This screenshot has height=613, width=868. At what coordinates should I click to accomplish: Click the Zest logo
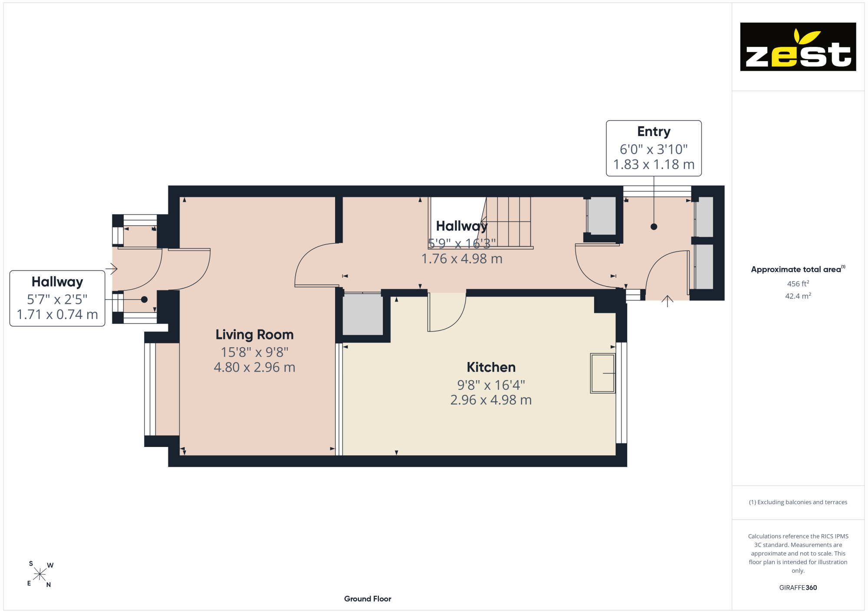(x=798, y=47)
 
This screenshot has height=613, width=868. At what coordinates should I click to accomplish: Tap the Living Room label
(x=255, y=335)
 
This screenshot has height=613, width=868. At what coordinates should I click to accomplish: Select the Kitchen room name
(x=491, y=367)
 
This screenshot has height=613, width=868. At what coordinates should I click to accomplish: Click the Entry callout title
(x=654, y=131)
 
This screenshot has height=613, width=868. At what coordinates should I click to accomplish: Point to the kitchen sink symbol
(x=603, y=373)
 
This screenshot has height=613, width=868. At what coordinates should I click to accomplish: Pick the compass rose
(x=40, y=574)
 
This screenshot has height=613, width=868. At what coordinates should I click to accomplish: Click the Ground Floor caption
(x=368, y=599)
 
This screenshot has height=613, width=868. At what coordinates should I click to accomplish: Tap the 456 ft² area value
(x=798, y=284)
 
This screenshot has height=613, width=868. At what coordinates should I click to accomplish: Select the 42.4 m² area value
(x=798, y=296)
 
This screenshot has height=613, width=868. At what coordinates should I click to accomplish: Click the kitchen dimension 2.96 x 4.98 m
(x=491, y=400)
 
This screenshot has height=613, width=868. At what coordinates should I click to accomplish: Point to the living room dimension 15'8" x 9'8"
(x=255, y=352)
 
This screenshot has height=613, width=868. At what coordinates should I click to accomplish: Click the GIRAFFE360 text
(x=798, y=588)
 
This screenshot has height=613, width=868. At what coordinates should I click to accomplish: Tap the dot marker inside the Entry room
(x=654, y=227)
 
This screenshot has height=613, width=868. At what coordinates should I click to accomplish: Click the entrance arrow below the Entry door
(x=667, y=301)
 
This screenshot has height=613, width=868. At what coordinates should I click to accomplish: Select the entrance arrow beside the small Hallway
(x=112, y=269)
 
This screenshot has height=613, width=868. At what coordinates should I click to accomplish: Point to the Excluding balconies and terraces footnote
(x=798, y=502)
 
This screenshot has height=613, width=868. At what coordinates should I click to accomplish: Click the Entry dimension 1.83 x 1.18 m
(x=654, y=164)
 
